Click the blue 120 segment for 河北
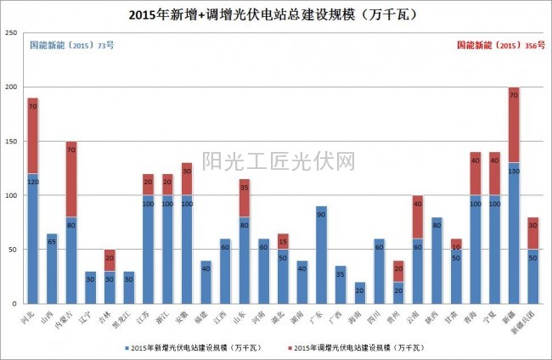[32, 238]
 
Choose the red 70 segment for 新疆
[513, 125]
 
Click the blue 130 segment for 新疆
[513, 233]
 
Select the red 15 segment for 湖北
[283, 241]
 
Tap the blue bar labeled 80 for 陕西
[437, 260]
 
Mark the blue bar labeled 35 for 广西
[341, 284]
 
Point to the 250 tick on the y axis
[12, 33]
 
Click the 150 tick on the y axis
[12, 142]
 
